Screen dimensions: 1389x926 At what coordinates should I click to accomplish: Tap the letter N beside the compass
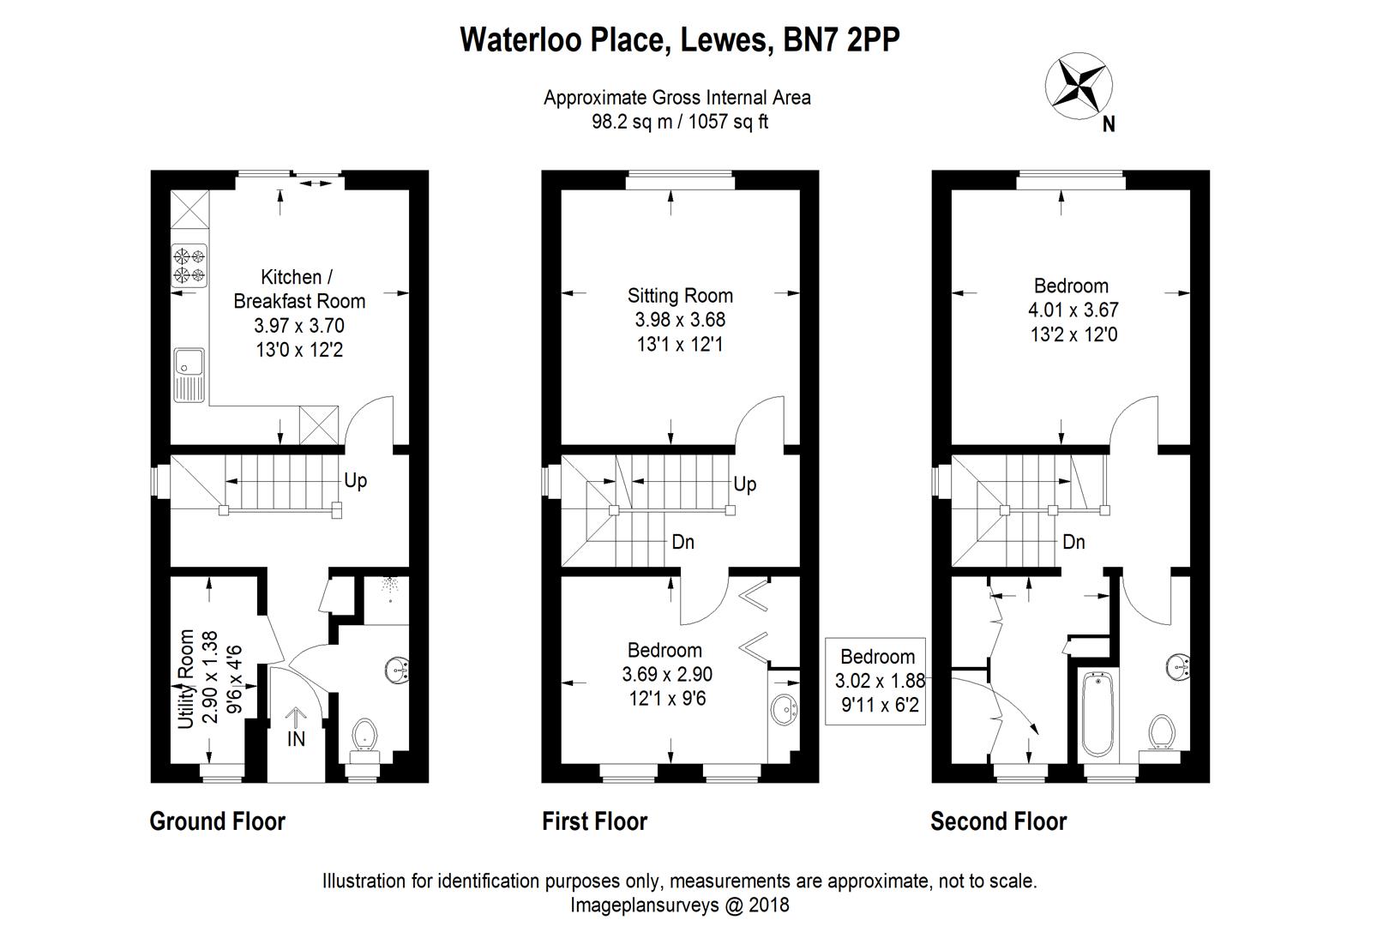point(1109,125)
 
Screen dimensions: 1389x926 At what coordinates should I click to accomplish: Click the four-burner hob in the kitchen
point(189,264)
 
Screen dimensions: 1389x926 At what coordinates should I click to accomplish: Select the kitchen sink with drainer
point(189,375)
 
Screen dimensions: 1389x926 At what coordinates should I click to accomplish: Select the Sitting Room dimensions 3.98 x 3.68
point(680,320)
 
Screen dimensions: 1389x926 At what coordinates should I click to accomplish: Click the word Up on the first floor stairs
point(745,484)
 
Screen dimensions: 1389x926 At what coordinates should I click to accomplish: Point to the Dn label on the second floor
point(1073,542)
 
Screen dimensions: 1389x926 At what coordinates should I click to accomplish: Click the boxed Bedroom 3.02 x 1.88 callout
point(876,682)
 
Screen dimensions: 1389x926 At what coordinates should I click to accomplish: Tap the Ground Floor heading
point(217,821)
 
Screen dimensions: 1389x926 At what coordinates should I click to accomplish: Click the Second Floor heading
point(998,821)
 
